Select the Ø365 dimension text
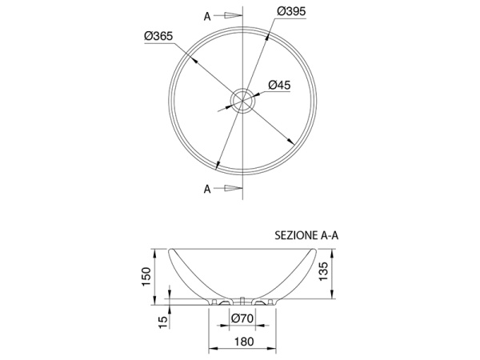(x=159, y=36)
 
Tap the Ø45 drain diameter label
(x=278, y=85)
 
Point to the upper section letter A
(x=207, y=14)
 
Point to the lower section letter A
(x=207, y=189)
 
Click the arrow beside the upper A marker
(x=230, y=14)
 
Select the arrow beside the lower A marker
(x=230, y=189)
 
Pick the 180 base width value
(x=244, y=342)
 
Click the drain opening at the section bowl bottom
(x=241, y=302)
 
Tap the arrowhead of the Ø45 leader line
(x=253, y=96)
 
